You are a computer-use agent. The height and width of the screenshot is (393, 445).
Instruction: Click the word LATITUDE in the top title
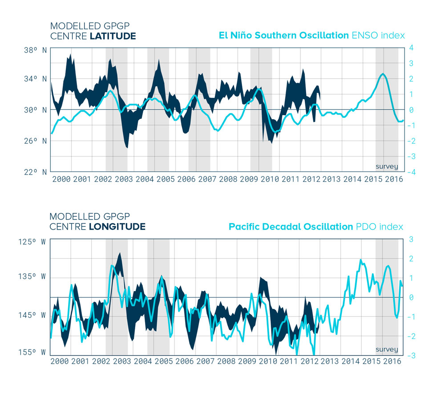113,36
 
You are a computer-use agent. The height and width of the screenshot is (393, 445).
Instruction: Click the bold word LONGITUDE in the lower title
117,227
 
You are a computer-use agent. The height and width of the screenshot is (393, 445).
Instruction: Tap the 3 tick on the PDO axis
412,239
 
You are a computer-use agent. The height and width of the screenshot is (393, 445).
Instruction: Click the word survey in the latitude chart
387,167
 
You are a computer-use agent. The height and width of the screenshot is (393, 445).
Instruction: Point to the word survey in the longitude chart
387,349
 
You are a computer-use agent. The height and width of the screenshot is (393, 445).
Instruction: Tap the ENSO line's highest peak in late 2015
383,74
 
